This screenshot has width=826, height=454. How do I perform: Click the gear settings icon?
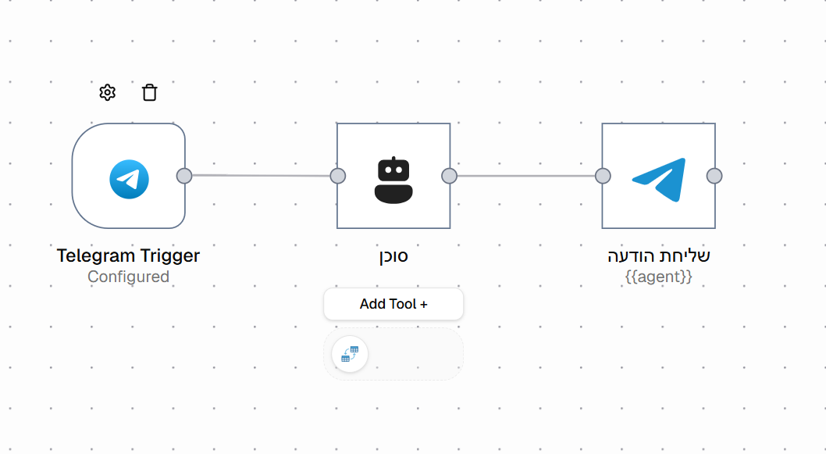(108, 92)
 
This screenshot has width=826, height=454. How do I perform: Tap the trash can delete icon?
(150, 92)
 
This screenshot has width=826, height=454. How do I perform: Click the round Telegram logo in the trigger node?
(129, 179)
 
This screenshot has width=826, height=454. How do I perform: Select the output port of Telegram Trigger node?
(184, 176)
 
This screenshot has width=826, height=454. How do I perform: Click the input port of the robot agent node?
(338, 176)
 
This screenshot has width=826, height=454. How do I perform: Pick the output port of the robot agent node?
(450, 176)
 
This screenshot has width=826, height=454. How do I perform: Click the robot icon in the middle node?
(393, 180)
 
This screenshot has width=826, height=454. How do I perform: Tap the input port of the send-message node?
(603, 176)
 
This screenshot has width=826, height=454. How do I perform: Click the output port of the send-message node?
(714, 176)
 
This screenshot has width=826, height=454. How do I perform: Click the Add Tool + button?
(393, 304)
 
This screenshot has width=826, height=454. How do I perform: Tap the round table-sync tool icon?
(350, 354)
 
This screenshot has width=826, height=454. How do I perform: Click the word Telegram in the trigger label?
(97, 256)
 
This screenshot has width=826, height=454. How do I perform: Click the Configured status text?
(129, 277)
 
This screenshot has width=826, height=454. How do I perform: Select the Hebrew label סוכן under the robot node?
(393, 256)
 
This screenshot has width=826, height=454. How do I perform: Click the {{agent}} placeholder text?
(658, 277)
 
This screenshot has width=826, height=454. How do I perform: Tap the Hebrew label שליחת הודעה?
(658, 256)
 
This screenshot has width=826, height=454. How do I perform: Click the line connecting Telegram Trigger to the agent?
(261, 175)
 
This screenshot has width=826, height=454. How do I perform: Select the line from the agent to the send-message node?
(525, 176)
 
